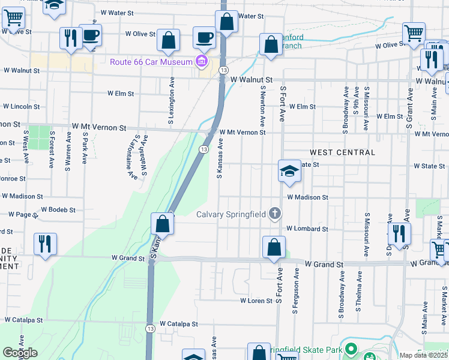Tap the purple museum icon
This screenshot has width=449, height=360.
201,61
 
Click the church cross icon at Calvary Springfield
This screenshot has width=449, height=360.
275,213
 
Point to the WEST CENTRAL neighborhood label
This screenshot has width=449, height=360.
343,152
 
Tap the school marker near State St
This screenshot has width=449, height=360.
289,171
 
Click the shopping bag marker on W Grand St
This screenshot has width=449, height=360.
274,247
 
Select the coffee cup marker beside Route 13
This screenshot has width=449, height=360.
204,37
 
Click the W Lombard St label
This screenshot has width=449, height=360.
307,229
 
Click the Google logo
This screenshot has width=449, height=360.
20,353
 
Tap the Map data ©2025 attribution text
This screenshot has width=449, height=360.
424,355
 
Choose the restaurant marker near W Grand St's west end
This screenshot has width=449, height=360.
45,244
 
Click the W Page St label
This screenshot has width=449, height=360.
19,214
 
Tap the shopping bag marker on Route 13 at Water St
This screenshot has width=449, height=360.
227,22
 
